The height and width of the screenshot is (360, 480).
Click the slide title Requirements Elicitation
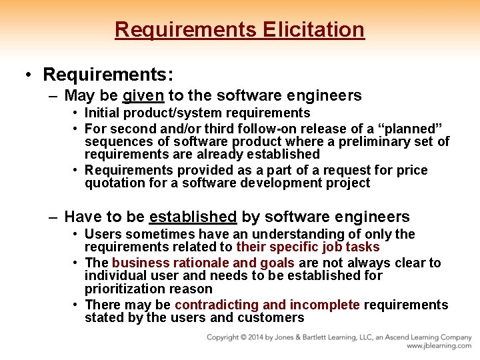click(x=240, y=30)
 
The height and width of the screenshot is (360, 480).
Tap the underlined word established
click(x=193, y=217)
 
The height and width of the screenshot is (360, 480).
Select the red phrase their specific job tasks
click(x=308, y=247)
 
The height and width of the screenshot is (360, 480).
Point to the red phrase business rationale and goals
click(x=189, y=263)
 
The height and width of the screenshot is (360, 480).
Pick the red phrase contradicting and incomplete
click(x=267, y=305)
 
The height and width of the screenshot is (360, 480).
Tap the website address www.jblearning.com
click(x=439, y=346)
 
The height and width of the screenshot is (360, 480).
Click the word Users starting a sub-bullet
click(x=103, y=234)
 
